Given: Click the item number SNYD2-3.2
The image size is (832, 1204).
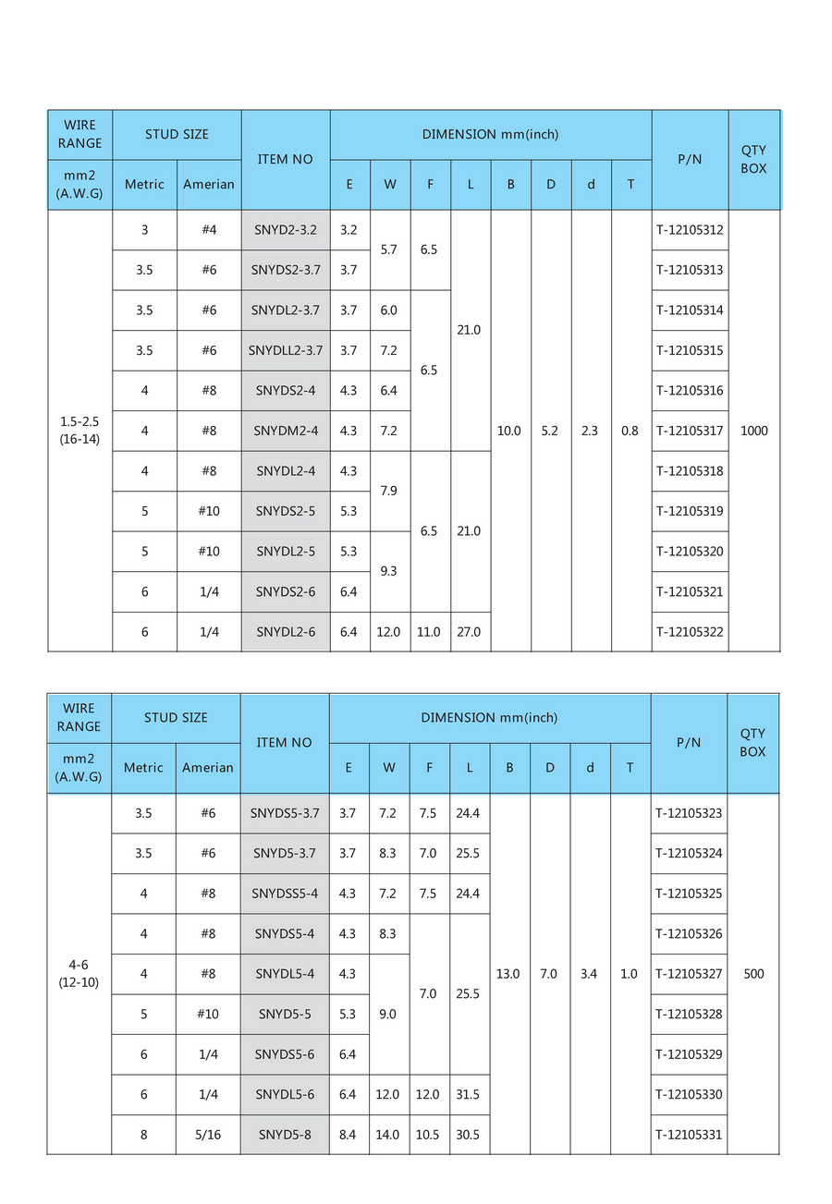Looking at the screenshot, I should [286, 230].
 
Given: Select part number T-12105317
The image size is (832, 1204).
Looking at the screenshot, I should [690, 431].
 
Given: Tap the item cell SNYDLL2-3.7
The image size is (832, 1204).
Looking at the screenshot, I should [286, 350].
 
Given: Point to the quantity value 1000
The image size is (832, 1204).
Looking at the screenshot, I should [753, 431].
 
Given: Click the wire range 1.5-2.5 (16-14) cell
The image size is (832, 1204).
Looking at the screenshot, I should [80, 431].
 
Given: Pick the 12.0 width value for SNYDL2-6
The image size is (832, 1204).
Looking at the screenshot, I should [389, 632].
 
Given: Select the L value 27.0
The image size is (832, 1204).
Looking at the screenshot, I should [470, 632].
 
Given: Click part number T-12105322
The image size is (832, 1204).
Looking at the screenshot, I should [690, 632].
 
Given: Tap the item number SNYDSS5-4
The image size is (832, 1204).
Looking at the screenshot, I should [285, 894].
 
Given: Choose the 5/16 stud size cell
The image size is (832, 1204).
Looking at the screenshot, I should [208, 1135].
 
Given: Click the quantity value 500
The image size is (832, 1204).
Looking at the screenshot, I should [753, 974].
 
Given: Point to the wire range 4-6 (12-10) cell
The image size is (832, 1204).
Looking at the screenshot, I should [79, 974].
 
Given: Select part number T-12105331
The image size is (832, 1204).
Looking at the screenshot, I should [689, 1135].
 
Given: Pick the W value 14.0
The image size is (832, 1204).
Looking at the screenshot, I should [388, 1135].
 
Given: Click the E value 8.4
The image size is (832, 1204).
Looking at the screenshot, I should [348, 1135].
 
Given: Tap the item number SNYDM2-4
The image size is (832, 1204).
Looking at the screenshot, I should [286, 431].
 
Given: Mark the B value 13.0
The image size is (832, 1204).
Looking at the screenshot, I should [508, 974].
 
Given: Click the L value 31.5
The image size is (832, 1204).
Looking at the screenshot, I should [468, 1095].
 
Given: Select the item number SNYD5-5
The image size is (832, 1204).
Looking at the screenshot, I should [285, 1015].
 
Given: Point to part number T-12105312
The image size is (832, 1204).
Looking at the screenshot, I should [690, 230].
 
